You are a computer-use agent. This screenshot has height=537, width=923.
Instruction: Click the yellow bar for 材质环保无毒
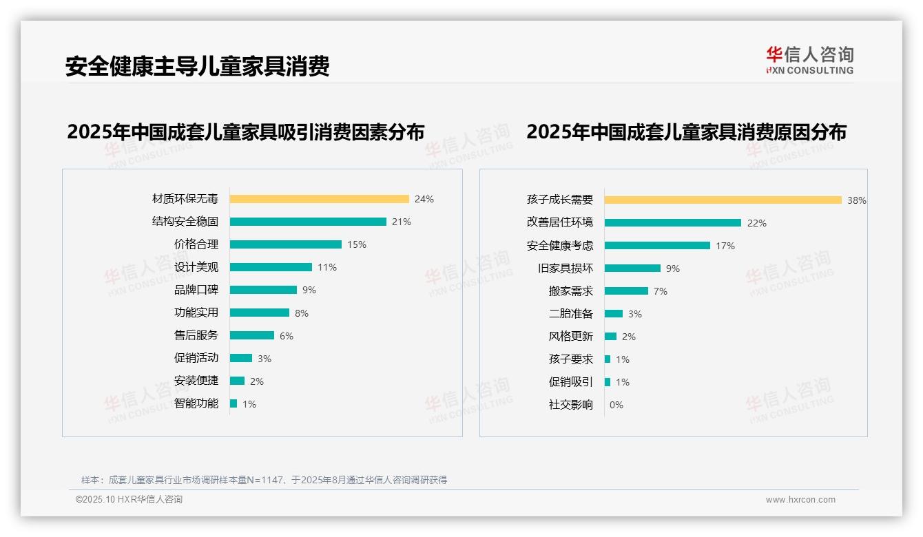point(319,199)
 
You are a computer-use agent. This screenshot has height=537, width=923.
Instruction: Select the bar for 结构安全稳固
point(308,222)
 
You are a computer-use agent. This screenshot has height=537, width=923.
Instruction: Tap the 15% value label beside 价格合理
point(357,244)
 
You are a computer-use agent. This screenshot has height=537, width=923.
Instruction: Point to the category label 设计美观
point(196,267)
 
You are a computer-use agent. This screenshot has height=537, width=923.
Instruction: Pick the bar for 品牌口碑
point(263,290)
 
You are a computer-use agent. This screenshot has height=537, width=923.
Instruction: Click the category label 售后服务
point(196,335)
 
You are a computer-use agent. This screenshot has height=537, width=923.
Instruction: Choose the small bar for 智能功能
point(234,403)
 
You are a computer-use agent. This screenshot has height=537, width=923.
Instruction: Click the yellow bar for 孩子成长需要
point(723,200)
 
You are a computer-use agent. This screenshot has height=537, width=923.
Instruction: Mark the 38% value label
point(856,200)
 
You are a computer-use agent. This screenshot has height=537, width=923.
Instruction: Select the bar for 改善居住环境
point(672,223)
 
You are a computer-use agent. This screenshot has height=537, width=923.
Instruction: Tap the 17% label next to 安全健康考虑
point(725,246)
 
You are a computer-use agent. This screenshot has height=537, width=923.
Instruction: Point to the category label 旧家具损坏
point(565,268)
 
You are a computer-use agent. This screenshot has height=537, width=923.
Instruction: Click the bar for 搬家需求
point(626,291)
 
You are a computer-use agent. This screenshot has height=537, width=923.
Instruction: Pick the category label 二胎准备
point(570,314)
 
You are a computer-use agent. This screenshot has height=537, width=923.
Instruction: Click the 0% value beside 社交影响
point(616,405)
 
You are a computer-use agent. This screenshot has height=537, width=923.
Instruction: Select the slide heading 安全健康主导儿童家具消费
point(198,66)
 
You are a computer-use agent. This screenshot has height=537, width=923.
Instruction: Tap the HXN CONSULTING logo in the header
point(809,61)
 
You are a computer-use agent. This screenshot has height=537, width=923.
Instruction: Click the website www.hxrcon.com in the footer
point(800,500)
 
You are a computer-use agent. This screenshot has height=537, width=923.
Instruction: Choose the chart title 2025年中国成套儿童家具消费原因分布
point(686,131)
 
